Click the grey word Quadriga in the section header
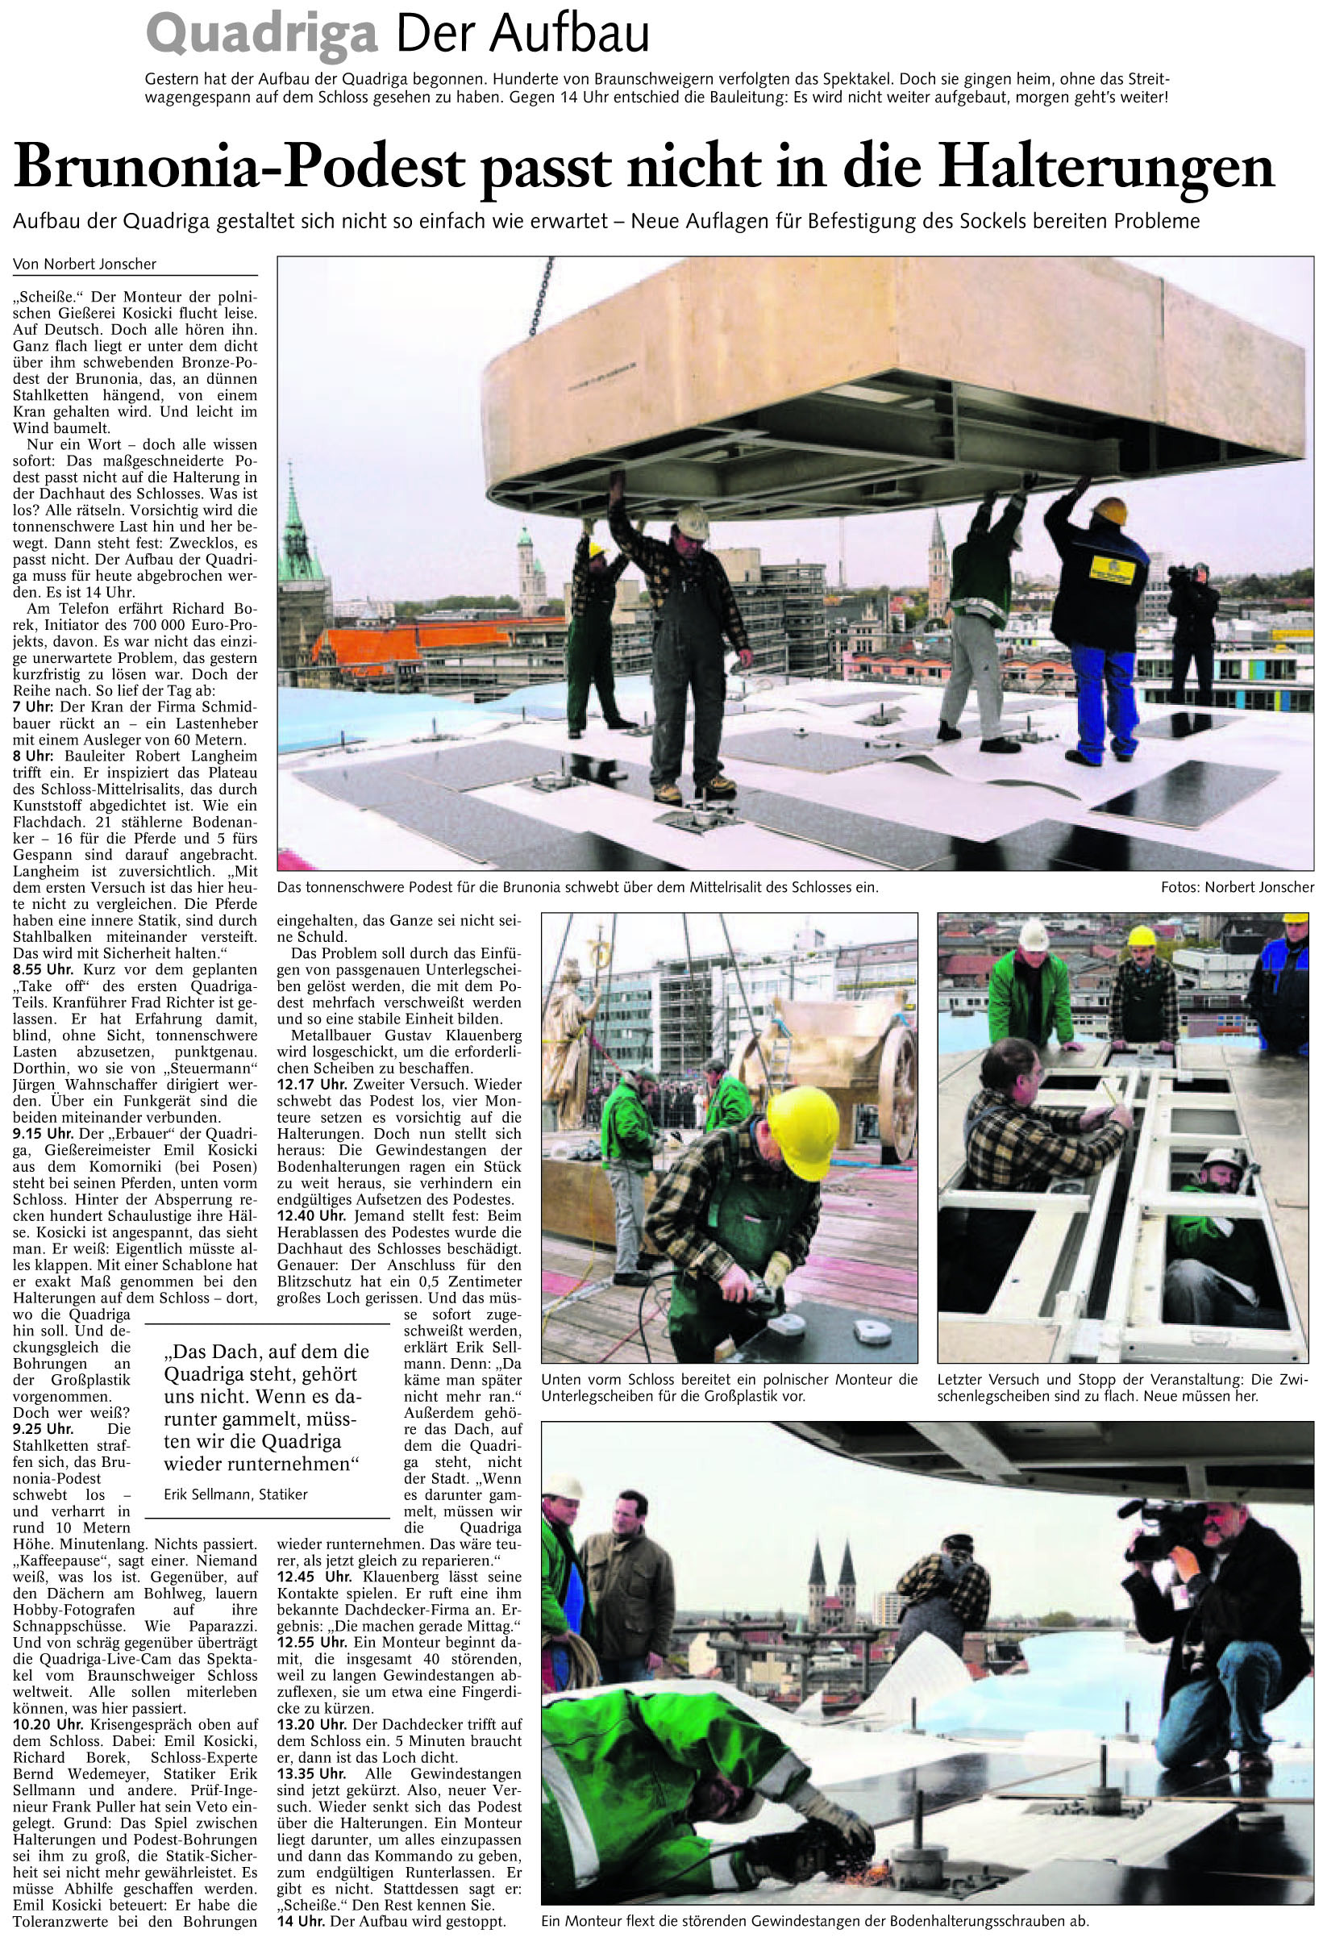click(x=261, y=35)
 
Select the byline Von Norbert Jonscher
click(x=85, y=264)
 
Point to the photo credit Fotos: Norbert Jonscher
click(x=1237, y=887)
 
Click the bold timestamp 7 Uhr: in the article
click(x=31, y=706)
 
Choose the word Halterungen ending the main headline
click(x=1105, y=168)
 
